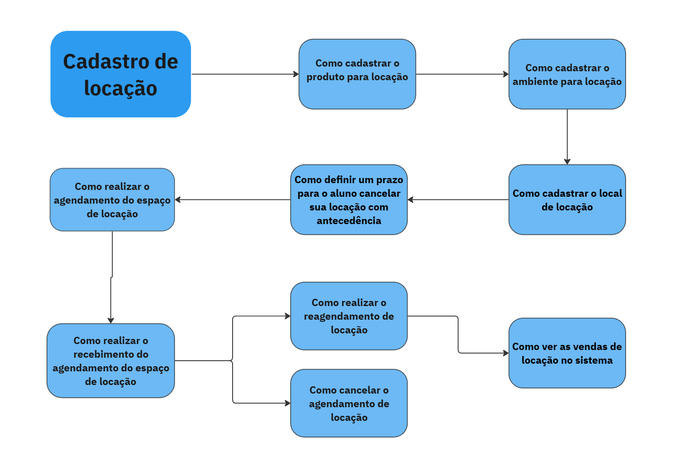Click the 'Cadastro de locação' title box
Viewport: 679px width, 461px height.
[x=121, y=74]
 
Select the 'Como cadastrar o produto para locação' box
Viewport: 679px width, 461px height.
[x=357, y=74]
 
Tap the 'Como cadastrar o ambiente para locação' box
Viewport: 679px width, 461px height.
[x=567, y=74]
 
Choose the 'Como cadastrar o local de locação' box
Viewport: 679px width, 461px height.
[x=567, y=200]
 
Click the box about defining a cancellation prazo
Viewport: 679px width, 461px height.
[x=349, y=200]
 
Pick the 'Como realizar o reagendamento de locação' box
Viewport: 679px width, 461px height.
[x=349, y=316]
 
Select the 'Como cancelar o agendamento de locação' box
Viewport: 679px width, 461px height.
[x=349, y=403]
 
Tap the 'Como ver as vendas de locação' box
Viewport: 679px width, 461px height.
[x=567, y=353]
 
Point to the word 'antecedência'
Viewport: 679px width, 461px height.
[x=349, y=221]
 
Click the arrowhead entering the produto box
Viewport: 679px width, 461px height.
[x=296, y=74]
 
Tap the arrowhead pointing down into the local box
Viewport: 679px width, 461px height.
[x=567, y=161]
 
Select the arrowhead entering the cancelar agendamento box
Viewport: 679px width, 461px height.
[x=288, y=403]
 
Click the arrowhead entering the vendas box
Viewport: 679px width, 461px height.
[x=506, y=353]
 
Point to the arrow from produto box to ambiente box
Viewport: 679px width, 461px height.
[x=462, y=74]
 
